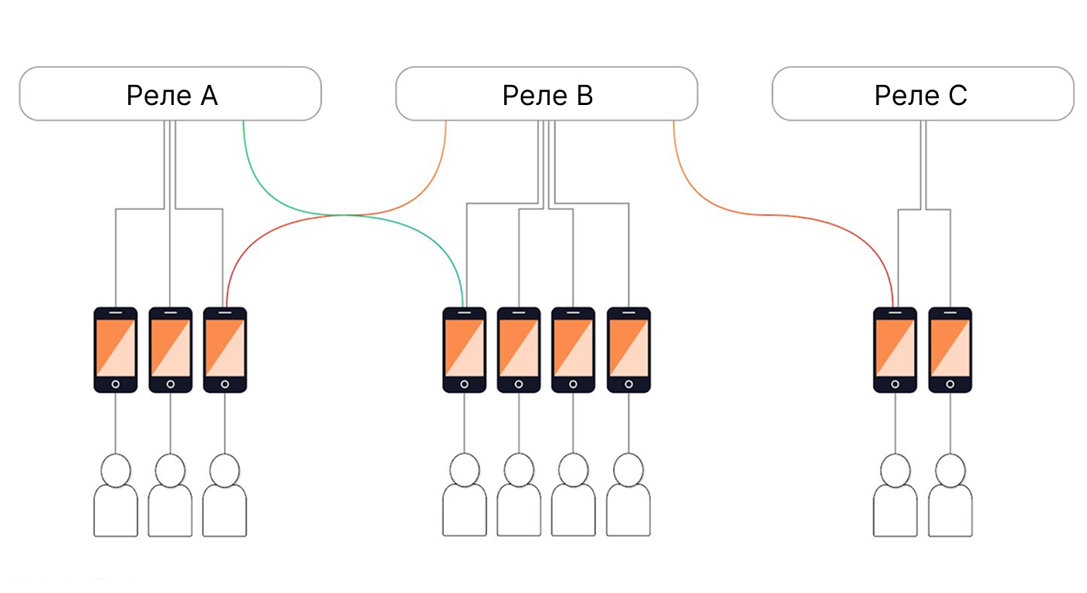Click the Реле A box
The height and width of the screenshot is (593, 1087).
170,93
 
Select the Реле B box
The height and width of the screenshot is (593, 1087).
547,93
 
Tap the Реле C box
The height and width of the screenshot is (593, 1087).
923,93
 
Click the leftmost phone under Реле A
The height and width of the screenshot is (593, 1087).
116,350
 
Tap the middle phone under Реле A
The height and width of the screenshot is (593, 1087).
171,350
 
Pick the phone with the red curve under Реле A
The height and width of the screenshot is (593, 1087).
225,350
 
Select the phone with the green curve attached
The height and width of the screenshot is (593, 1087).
465,350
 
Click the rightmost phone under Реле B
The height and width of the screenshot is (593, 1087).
628,350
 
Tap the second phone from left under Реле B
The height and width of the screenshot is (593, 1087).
519,350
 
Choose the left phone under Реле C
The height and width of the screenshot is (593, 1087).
895,350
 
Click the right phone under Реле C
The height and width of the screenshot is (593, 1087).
950,350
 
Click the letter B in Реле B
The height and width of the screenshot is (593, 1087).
584,95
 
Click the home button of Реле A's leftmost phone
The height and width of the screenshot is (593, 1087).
116,384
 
